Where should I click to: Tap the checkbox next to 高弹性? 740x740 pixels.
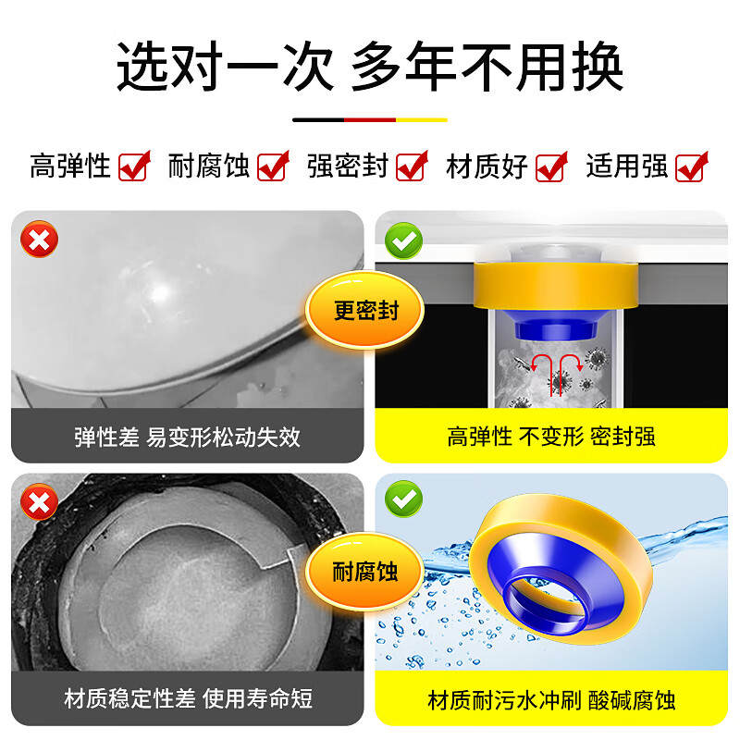click(x=134, y=166)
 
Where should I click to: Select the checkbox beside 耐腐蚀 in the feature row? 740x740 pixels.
click(x=273, y=166)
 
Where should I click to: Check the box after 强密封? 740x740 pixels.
click(x=412, y=166)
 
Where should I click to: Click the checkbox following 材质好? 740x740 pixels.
click(x=551, y=166)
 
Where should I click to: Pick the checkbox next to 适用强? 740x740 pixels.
click(x=691, y=166)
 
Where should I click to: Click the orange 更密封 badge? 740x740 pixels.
click(x=364, y=311)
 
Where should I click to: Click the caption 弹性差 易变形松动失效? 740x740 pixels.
click(x=187, y=437)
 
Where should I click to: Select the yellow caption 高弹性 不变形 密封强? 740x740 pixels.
click(x=551, y=437)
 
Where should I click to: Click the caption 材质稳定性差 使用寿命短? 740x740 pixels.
click(x=187, y=699)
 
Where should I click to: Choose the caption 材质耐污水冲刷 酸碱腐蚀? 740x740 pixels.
click(x=551, y=699)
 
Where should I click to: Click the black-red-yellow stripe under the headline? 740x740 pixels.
click(x=370, y=119)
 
